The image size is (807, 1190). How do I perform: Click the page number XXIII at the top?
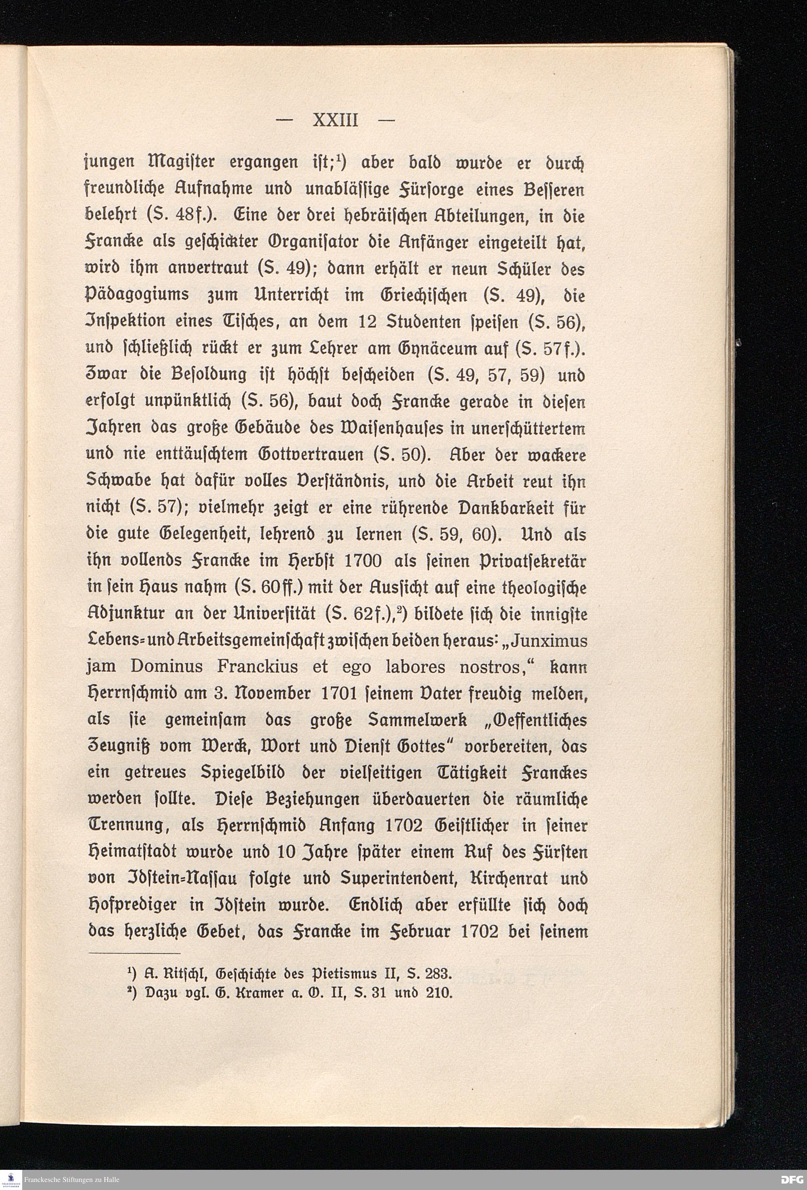[x=335, y=121]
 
